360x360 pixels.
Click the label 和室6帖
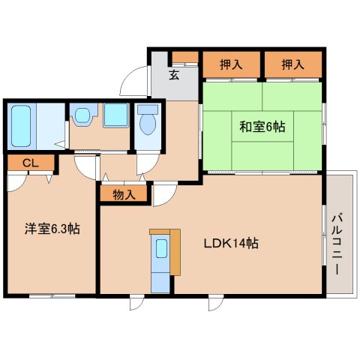click(262, 127)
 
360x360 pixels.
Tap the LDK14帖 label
click(231, 243)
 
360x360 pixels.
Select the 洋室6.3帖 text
click(52, 229)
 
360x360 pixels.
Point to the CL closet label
click(31, 163)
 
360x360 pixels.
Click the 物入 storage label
click(124, 195)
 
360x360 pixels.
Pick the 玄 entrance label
click(174, 75)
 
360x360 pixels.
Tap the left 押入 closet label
click(231, 64)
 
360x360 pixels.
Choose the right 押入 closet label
click(293, 64)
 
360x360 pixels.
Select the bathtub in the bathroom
click(21, 126)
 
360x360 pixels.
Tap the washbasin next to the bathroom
click(82, 115)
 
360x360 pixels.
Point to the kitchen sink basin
click(161, 248)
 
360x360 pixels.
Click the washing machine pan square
click(116, 115)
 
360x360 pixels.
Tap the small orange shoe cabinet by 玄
click(185, 57)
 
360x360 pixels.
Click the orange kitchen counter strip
click(175, 252)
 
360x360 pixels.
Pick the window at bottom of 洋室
click(52, 296)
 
